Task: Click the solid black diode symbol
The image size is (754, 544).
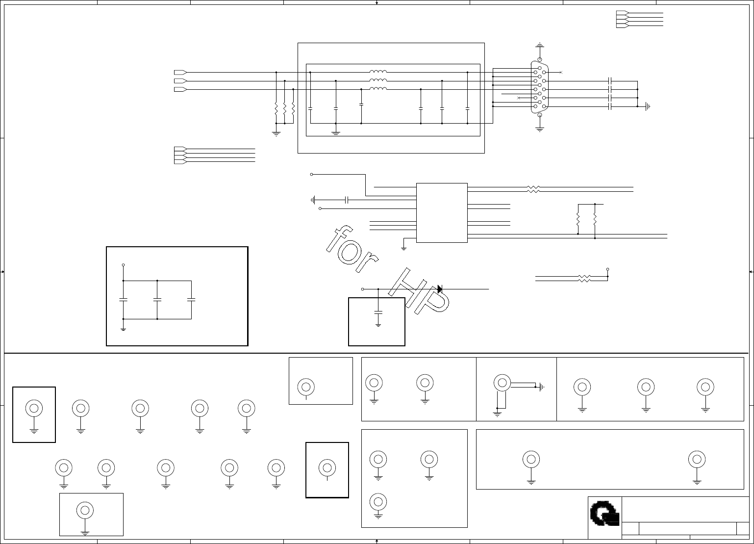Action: point(440,289)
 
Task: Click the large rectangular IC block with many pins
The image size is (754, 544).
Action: point(442,212)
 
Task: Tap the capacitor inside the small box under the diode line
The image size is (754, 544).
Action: point(378,311)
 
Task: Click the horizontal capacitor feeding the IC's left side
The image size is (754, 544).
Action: point(347,200)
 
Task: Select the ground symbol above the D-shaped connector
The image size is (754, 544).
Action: point(539,45)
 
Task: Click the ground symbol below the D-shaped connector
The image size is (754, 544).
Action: point(539,129)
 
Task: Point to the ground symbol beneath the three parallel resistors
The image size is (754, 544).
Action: point(276,132)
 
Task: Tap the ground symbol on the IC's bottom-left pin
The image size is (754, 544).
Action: point(403,248)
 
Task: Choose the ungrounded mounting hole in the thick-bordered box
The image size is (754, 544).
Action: point(327,467)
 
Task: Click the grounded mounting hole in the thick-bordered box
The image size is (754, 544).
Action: point(34,408)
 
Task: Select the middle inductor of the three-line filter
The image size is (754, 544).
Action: point(378,80)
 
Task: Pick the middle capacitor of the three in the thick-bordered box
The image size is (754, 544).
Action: point(157,299)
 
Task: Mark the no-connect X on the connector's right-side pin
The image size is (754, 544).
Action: point(561,73)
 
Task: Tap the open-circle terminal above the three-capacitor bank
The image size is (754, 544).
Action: point(123,265)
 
